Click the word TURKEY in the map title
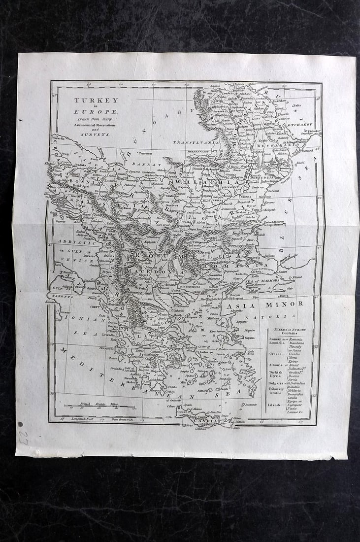click(89, 100)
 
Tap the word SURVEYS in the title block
click(89, 134)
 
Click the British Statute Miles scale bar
click(100, 406)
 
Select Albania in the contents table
click(275, 365)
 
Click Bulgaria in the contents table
click(275, 383)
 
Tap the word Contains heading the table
click(287, 333)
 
